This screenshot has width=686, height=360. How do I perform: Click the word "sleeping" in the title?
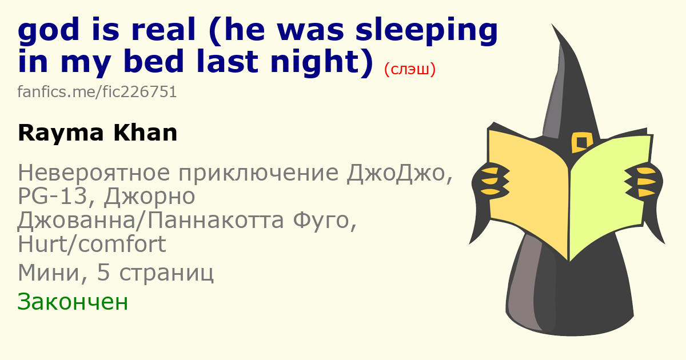(426, 31)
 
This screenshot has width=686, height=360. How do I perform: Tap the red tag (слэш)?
(410, 69)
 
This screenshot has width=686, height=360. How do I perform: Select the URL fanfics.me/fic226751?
(97, 92)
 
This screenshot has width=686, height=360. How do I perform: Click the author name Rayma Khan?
(98, 133)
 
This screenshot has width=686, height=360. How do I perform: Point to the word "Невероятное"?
(94, 173)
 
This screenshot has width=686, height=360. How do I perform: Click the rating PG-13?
(53, 196)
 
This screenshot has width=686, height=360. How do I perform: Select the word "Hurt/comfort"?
(92, 244)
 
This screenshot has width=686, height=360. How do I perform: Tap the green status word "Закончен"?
(73, 302)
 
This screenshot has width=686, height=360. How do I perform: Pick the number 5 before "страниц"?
(103, 273)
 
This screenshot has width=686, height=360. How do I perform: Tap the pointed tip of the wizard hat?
(552, 25)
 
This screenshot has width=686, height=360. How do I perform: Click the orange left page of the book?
(529, 190)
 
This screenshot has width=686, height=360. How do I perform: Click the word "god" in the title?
(49, 31)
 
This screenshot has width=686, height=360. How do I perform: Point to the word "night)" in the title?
(322, 62)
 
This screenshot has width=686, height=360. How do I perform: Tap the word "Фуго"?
(325, 221)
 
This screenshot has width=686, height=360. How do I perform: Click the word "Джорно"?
(149, 197)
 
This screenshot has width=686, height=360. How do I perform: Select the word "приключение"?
(258, 173)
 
